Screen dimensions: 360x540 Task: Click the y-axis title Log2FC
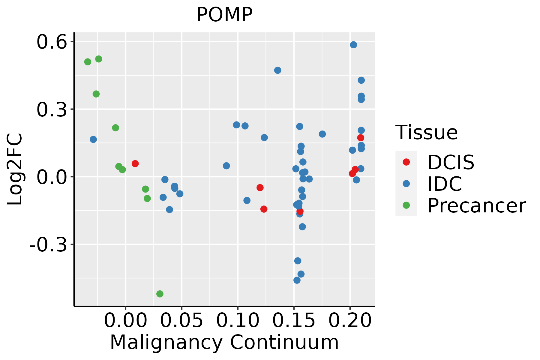tap(15, 169)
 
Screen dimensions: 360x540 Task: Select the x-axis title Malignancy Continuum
tap(224, 343)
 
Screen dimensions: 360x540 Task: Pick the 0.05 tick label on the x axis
tap(181, 321)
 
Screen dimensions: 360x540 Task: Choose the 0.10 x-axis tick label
tap(238, 321)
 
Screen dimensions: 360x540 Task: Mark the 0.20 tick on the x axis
tap(350, 321)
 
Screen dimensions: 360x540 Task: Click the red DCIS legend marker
tap(406, 162)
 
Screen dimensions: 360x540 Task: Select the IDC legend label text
tap(445, 184)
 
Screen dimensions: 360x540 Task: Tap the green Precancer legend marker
tap(406, 205)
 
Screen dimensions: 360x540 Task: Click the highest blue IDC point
tap(353, 45)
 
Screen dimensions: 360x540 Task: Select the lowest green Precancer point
tap(160, 294)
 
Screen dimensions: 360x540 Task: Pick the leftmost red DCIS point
tap(135, 163)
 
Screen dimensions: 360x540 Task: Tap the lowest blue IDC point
tap(297, 280)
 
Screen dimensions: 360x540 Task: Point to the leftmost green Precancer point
tap(88, 62)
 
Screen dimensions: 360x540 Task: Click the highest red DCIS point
tap(361, 138)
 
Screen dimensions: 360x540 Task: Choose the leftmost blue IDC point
tap(93, 139)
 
